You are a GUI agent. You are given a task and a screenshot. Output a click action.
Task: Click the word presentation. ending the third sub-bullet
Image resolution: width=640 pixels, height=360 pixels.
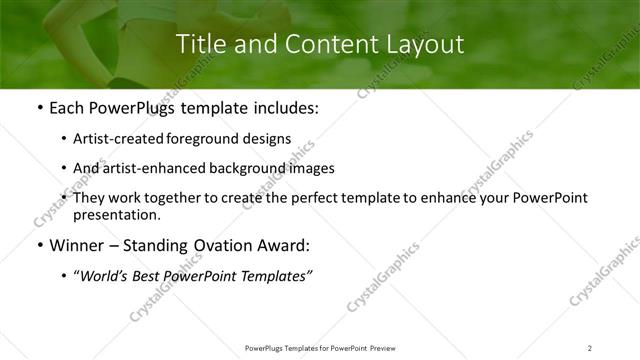(x=116, y=215)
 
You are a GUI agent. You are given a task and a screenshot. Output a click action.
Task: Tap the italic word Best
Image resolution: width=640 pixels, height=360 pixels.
(x=150, y=276)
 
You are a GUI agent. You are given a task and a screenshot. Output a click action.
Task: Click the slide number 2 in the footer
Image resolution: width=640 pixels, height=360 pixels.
(x=590, y=347)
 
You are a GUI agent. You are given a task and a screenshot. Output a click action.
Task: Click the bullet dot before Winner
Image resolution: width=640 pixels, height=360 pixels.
(x=39, y=246)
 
